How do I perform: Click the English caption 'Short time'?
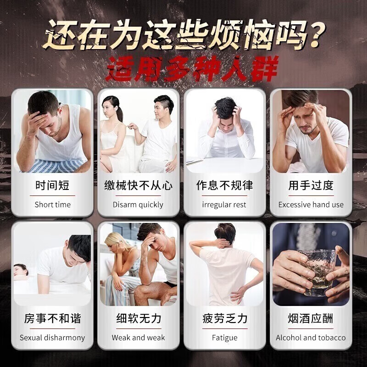[x=52, y=205]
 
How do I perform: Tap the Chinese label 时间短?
[x=52, y=186]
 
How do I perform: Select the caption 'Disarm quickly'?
[x=138, y=205]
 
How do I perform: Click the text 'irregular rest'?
[x=224, y=205]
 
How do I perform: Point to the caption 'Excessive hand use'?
[x=311, y=205]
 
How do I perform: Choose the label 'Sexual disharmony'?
[x=52, y=338]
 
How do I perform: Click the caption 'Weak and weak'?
[x=138, y=338]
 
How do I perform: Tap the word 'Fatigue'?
[x=224, y=338]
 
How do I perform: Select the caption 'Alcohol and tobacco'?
[x=311, y=338]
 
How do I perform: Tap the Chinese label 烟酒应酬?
[x=311, y=318]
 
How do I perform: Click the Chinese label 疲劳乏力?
[x=224, y=318]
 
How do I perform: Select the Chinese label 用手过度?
[x=311, y=186]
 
